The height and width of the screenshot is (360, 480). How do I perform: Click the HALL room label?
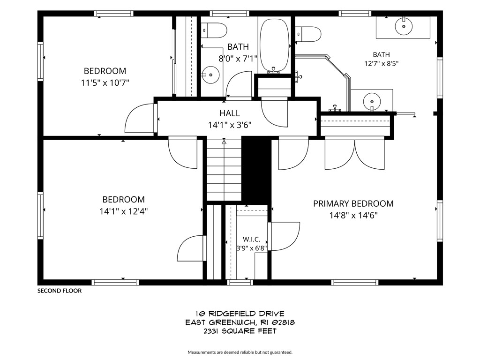pyautogui.click(x=230, y=113)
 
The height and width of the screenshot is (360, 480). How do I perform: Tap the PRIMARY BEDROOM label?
pyautogui.click(x=353, y=203)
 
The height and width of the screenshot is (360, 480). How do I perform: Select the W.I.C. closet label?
pyautogui.click(x=251, y=240)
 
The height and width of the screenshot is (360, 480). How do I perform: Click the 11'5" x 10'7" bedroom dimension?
pyautogui.click(x=105, y=82)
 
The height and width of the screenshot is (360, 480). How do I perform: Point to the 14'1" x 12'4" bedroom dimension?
pyautogui.click(x=123, y=211)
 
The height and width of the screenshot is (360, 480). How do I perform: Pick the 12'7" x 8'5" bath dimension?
pyautogui.click(x=382, y=63)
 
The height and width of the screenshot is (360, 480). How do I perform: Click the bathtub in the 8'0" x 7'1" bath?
pyautogui.click(x=274, y=45)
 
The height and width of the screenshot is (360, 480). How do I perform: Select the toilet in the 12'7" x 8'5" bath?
pyautogui.click(x=308, y=34)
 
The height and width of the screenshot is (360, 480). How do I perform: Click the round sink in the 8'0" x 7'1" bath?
pyautogui.click(x=210, y=75)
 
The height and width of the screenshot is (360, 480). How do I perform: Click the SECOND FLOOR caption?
pyautogui.click(x=60, y=291)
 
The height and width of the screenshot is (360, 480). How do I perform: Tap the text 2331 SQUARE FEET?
pyautogui.click(x=240, y=331)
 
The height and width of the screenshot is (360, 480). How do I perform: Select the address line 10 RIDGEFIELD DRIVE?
pyautogui.click(x=240, y=314)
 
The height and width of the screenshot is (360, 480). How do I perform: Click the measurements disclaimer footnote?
pyautogui.click(x=240, y=352)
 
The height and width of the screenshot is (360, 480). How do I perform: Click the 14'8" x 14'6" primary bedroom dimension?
pyautogui.click(x=353, y=216)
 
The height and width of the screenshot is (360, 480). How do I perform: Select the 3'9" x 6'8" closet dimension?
pyautogui.click(x=251, y=248)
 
